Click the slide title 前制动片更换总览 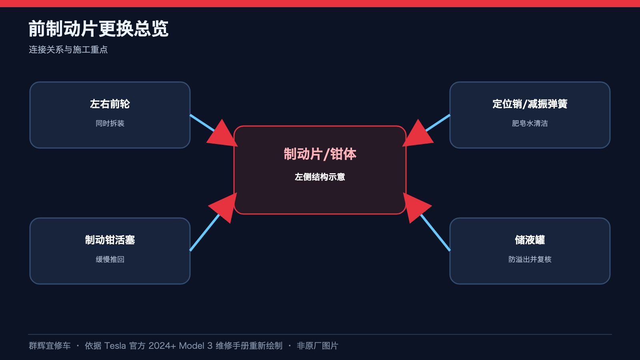coord(98,28)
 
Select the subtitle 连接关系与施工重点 coord(68,50)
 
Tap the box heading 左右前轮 coord(110,104)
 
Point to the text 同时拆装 coord(110,124)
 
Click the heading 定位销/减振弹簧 coord(530,104)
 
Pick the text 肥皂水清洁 coord(530,124)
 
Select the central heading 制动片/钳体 coord(320,154)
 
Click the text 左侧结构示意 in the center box coord(320,177)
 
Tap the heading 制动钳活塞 coord(110,240)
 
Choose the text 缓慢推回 coord(110,260)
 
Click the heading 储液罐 coord(530,240)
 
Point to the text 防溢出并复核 coord(530,260)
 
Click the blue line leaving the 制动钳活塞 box coord(204,232)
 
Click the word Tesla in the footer coord(115,346)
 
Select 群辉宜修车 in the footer coord(50,346)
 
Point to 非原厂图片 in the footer coord(318,346)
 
